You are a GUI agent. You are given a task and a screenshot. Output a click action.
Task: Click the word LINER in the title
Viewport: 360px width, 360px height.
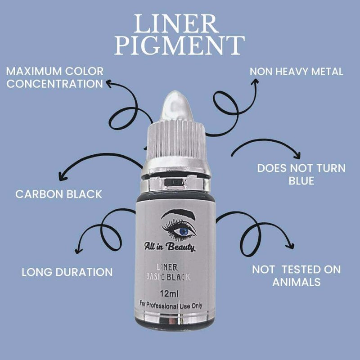tap(176, 24)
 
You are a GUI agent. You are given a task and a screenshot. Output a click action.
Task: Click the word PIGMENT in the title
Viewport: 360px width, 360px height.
tap(180, 45)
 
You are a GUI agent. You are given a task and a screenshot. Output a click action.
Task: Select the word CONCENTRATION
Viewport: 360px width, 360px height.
tap(54, 84)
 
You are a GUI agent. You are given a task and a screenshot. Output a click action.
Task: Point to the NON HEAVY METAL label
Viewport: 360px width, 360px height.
tap(297, 72)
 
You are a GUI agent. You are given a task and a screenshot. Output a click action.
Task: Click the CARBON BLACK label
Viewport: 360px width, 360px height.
tap(58, 194)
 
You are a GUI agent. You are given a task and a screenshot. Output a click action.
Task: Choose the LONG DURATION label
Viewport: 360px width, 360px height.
tap(67, 272)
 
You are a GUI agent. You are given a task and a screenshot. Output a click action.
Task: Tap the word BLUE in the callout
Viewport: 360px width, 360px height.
tap(301, 181)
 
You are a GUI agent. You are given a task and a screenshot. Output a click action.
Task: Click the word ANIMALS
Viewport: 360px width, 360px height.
tap(297, 282)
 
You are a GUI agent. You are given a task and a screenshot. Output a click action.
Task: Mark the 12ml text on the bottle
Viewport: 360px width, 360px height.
tap(169, 294)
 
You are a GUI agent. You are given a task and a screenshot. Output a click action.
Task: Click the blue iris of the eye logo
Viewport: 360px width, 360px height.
tap(184, 231)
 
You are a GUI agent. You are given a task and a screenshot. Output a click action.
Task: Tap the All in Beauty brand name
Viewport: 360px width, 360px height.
tap(170, 247)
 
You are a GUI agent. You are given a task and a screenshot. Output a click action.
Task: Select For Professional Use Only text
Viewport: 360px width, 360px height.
tap(171, 305)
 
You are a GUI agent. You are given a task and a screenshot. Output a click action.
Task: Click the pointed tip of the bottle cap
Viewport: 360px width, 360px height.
tap(175, 92)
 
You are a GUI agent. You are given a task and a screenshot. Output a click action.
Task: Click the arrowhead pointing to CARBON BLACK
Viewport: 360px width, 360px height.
tap(62, 177)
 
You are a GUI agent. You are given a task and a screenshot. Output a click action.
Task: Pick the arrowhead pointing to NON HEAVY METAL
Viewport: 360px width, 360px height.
tap(255, 81)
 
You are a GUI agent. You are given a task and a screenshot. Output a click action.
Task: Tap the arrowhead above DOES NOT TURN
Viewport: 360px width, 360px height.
tap(298, 155)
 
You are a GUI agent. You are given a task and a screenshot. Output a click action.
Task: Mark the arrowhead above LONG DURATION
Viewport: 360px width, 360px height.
tap(78, 251)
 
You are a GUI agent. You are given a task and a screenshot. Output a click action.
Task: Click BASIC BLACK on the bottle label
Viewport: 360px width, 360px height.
tap(168, 277)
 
